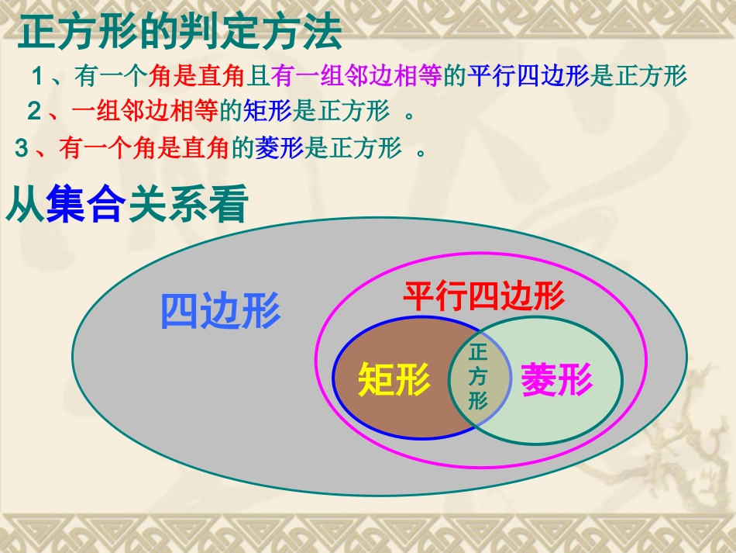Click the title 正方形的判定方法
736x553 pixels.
pyautogui.click(x=179, y=33)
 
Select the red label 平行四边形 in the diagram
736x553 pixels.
pyautogui.click(x=483, y=297)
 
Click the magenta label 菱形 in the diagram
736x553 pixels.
pyautogui.click(x=556, y=381)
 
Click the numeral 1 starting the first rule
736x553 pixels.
pyautogui.click(x=36, y=76)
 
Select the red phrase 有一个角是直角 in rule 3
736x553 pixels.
pyautogui.click(x=145, y=148)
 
